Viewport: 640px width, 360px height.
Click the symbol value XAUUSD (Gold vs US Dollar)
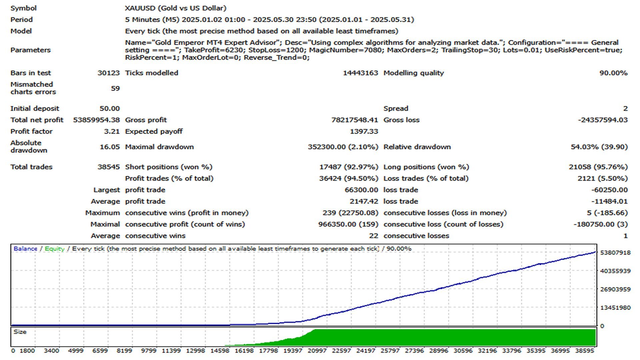coord(175,8)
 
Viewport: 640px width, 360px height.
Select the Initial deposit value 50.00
coord(109,108)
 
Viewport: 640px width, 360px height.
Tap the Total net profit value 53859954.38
coord(96,120)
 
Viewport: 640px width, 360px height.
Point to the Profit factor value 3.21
coord(112,131)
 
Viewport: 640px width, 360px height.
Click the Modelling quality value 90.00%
coord(613,73)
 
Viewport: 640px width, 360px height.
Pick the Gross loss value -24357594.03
coord(603,120)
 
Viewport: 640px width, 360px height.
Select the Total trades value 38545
coord(108,167)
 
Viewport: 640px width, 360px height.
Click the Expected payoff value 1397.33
coord(364,131)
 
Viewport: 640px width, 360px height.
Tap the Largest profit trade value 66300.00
coord(361,190)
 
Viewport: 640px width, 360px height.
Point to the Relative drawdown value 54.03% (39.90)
coord(599,147)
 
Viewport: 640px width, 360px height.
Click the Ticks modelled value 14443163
coord(360,73)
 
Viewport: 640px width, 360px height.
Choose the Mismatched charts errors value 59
coord(115,88)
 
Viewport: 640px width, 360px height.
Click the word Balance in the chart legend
coord(25,249)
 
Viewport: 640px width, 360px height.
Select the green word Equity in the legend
coord(54,249)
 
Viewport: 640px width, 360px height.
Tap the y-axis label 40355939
coord(615,271)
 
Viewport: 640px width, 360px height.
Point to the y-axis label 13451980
coord(615,308)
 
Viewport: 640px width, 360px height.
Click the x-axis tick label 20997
coord(317,351)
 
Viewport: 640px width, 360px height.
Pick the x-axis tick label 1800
coord(27,351)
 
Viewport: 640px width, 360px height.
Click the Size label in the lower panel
coord(20,332)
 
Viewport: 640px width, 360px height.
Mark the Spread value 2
coord(625,108)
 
